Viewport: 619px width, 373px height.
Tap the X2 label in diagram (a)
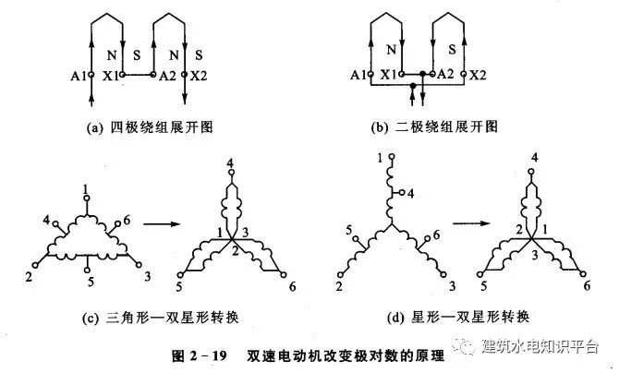(199, 75)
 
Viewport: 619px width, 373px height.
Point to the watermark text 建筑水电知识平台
(540, 346)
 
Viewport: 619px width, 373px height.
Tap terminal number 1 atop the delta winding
(85, 188)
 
